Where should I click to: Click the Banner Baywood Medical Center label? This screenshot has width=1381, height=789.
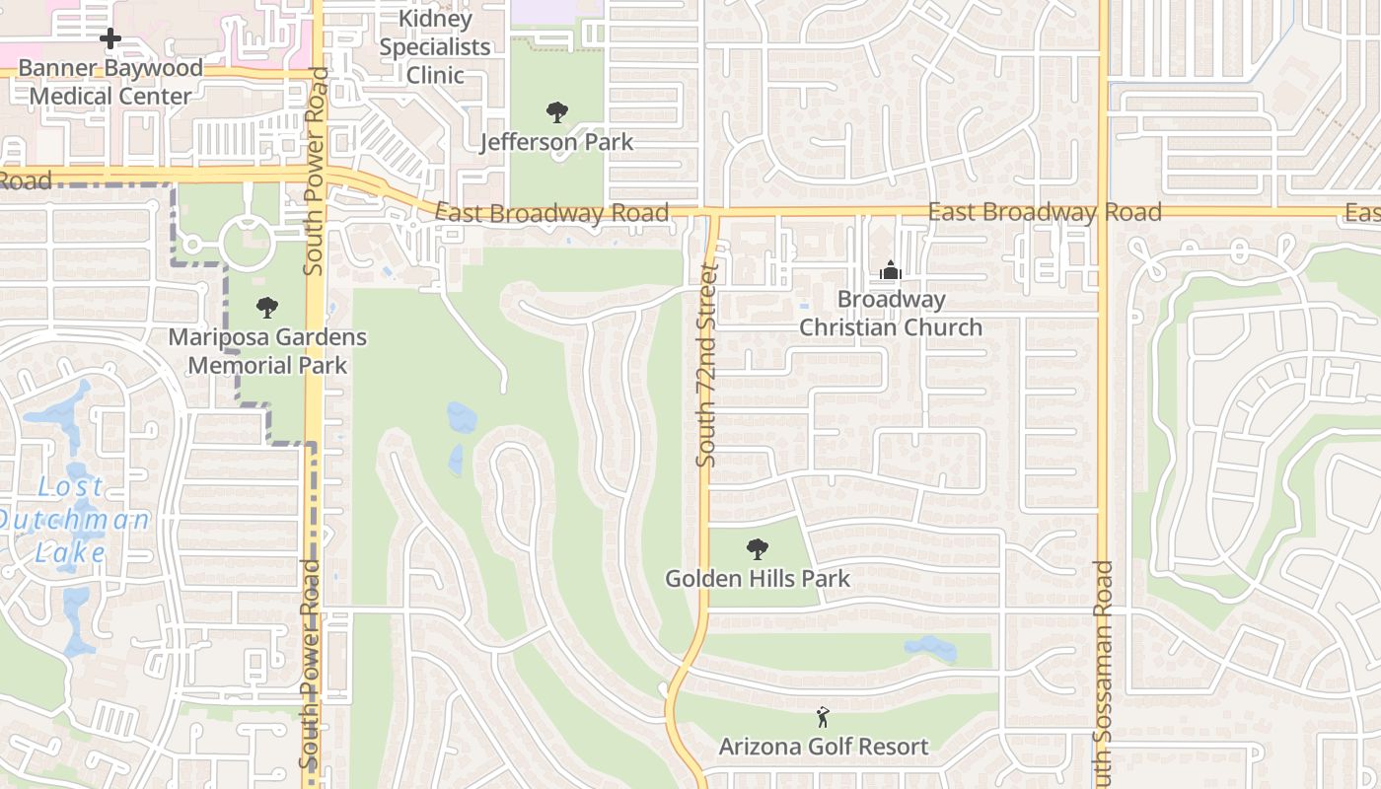(x=110, y=82)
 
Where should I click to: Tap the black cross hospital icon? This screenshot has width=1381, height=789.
(x=110, y=38)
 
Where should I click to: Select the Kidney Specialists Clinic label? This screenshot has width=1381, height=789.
(x=435, y=46)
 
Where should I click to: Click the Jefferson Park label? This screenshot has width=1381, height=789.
(x=556, y=142)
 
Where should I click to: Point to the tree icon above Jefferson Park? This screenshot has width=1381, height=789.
(x=557, y=112)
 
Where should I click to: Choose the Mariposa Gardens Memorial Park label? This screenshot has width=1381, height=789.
(x=267, y=351)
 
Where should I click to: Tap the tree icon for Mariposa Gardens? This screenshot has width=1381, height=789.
(x=267, y=308)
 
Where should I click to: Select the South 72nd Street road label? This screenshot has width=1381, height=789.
(x=706, y=365)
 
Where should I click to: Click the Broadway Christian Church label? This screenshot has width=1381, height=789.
(x=890, y=313)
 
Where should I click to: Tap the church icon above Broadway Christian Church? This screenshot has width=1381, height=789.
(x=890, y=270)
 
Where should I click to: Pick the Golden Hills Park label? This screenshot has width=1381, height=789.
(x=758, y=578)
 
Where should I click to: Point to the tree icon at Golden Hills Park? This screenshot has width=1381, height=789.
(x=758, y=548)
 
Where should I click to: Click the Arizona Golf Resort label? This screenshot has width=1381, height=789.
(x=824, y=747)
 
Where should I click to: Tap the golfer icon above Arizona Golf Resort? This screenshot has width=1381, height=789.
(x=824, y=717)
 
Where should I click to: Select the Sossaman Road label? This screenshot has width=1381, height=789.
(x=1103, y=671)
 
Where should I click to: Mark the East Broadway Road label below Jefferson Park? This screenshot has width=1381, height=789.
(x=551, y=213)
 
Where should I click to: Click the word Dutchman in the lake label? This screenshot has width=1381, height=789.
(x=74, y=520)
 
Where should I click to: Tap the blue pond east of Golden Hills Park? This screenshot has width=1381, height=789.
(x=930, y=648)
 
